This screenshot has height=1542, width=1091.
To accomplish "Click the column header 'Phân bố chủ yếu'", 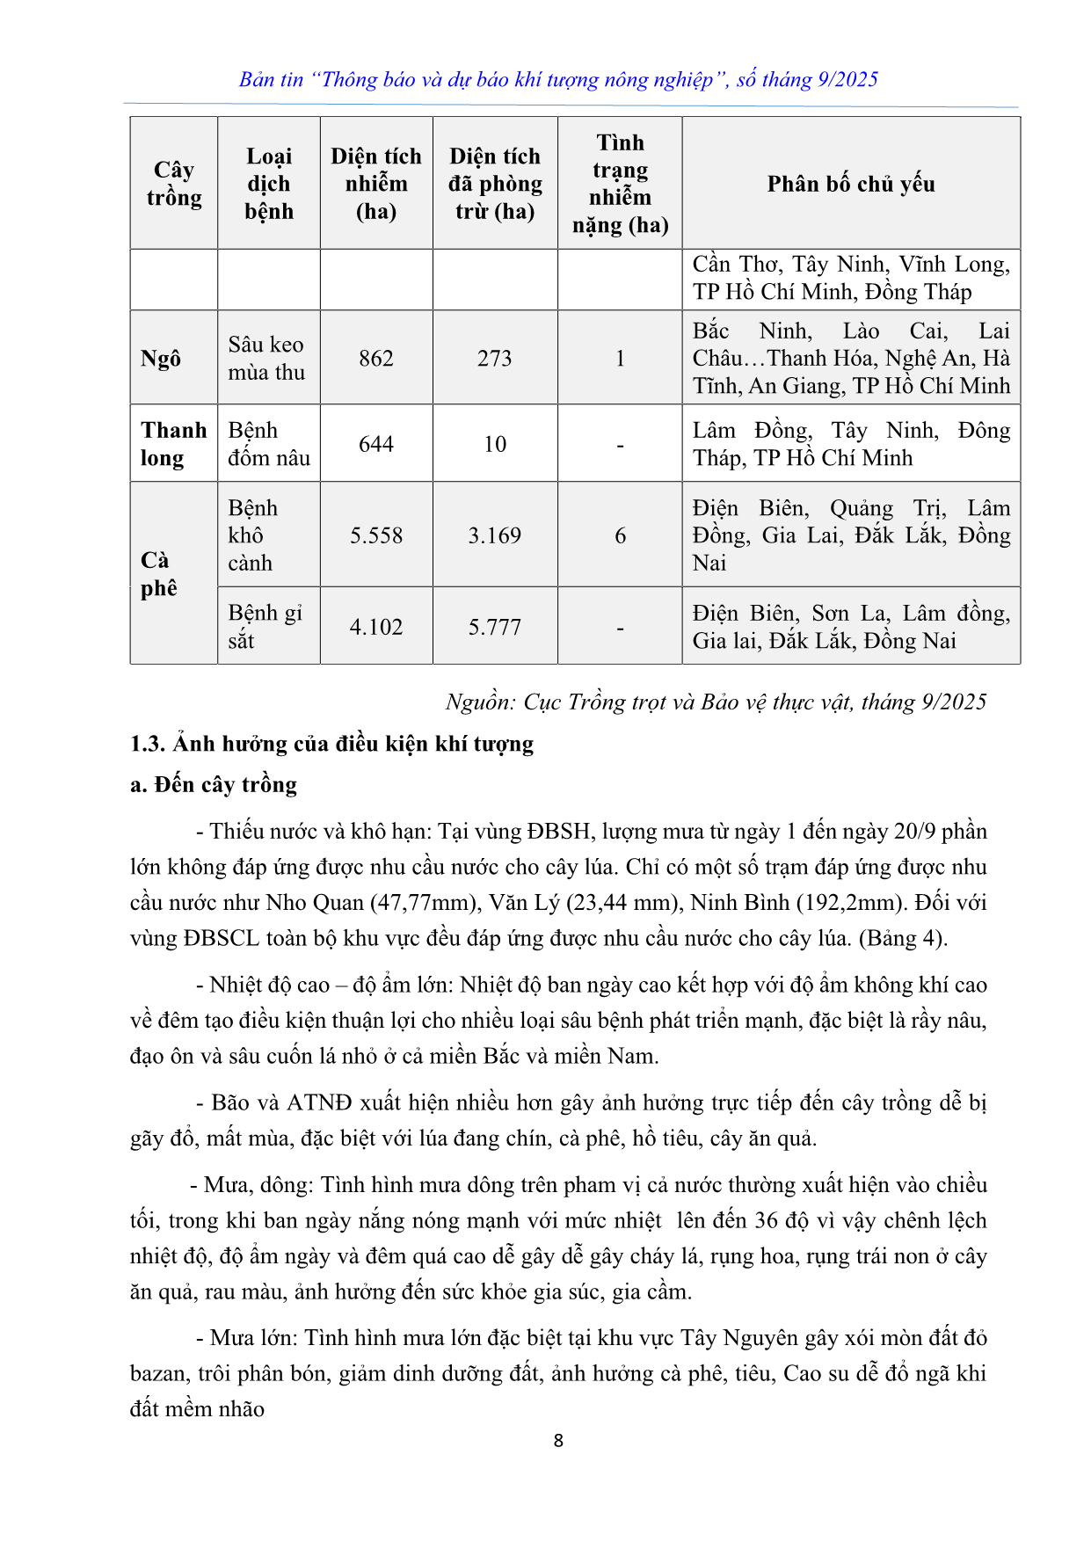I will [x=850, y=184].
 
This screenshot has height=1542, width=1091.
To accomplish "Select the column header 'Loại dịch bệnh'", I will [x=269, y=184].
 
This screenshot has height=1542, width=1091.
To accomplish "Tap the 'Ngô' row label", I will [x=161, y=359].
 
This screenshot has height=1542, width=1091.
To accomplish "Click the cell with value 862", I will [x=376, y=359].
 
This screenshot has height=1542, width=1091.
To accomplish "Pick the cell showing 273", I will [x=495, y=359].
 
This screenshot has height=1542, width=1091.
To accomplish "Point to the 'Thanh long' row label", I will [x=173, y=444].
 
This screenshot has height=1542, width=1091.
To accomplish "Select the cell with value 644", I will [x=376, y=444].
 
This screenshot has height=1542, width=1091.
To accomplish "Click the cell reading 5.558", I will [x=376, y=535].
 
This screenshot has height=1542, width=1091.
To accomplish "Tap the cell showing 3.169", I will [x=495, y=535].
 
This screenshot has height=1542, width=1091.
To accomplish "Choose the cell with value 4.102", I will [x=376, y=627].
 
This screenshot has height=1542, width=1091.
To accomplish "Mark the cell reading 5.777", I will [x=495, y=627].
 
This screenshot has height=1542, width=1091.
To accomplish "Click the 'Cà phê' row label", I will [x=158, y=574].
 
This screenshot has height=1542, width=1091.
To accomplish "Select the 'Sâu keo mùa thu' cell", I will [x=266, y=359].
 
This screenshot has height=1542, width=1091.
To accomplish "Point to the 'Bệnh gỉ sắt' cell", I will [x=265, y=627].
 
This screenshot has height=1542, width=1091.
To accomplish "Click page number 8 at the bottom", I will [x=558, y=1441].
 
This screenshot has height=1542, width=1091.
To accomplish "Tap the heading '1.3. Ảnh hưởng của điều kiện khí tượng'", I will [x=331, y=744].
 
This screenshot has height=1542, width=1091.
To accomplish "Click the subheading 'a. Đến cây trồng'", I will [x=214, y=784].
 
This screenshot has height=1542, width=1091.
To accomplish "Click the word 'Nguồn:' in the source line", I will [x=480, y=702].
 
